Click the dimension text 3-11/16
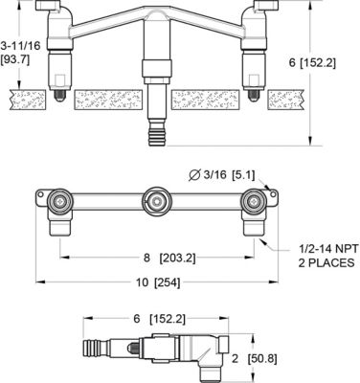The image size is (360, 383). click(19, 44)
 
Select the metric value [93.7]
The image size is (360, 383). click(19, 58)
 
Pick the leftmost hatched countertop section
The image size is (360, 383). click(29, 100)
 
